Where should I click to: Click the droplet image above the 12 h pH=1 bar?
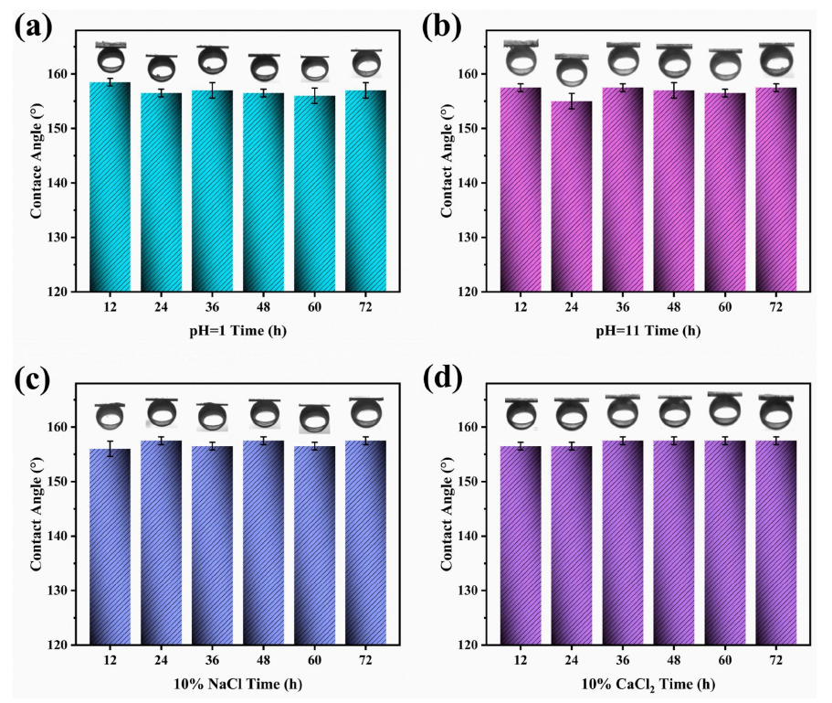click(x=111, y=59)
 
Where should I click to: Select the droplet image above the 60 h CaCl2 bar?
click(x=726, y=409)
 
